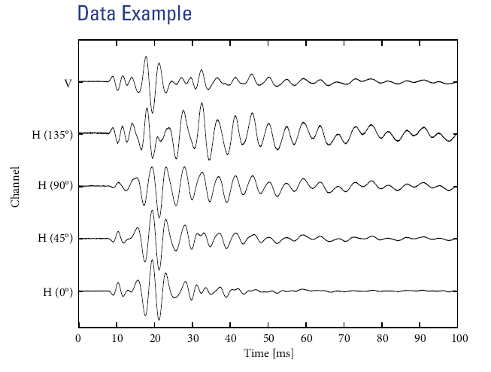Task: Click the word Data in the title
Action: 98,14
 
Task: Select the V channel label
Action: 68,82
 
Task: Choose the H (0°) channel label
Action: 56,291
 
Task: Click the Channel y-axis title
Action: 15,186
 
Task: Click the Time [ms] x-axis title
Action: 268,352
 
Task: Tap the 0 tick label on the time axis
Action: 78,338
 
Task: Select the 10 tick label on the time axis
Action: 117,338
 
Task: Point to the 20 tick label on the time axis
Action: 154,338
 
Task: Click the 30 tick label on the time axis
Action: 192,338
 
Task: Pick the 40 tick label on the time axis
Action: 230,338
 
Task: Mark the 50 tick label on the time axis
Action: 268,338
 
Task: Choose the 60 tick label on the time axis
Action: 306,338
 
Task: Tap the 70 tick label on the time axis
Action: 344,338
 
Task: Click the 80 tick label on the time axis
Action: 382,338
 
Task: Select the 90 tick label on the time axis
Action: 420,338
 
